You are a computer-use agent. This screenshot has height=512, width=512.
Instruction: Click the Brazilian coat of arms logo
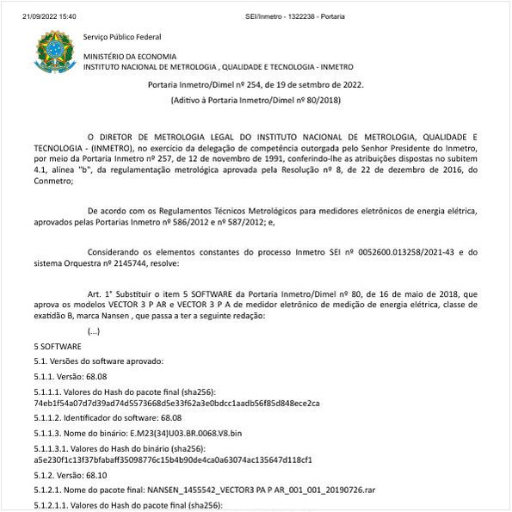(x=54, y=52)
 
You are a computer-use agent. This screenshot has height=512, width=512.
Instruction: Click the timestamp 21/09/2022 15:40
(x=49, y=16)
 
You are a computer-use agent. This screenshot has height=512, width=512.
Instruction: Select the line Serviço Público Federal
(x=121, y=37)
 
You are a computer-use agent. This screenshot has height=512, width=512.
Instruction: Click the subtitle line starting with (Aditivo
(x=256, y=102)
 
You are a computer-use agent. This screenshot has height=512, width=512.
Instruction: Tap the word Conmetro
(x=53, y=181)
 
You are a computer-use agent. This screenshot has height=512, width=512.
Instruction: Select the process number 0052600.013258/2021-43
(x=396, y=251)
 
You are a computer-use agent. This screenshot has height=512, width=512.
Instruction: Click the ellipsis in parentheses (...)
(x=99, y=331)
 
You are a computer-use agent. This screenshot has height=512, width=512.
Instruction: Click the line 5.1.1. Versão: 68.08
(x=70, y=376)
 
